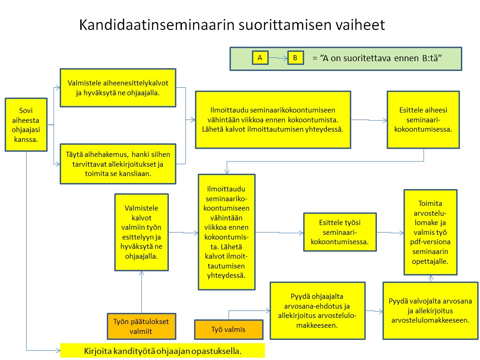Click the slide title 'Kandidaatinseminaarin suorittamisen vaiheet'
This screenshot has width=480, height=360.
[232, 25]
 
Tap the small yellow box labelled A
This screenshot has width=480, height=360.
[259, 58]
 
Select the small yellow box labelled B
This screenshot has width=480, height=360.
[295, 58]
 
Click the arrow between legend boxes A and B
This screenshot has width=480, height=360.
[278, 58]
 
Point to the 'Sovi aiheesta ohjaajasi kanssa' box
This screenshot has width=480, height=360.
[26, 125]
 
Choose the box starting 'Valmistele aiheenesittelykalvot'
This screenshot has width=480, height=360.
[118, 88]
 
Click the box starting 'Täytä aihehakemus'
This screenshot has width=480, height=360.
[118, 163]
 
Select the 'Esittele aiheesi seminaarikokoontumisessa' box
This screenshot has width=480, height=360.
[423, 120]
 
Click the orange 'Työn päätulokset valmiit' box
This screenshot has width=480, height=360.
[141, 326]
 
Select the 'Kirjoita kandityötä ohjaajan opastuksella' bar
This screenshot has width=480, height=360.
[162, 351]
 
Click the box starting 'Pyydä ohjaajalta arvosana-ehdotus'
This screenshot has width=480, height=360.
[318, 311]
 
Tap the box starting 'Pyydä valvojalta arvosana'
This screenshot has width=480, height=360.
[430, 311]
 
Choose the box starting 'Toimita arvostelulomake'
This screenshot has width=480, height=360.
[430, 232]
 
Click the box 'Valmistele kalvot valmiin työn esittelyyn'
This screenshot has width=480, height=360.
[141, 232]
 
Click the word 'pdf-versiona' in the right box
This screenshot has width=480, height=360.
[430, 243]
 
